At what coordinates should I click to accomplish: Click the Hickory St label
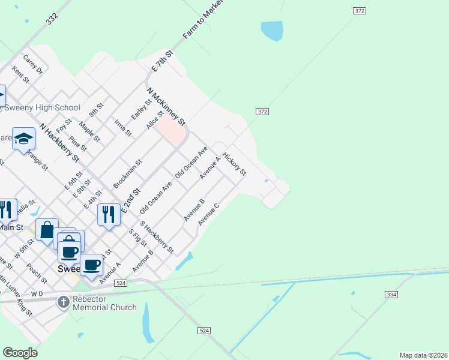click(x=234, y=164)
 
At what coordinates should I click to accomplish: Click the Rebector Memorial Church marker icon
click(x=64, y=302)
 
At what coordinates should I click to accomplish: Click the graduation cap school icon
click(x=23, y=139)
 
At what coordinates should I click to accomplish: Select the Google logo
click(x=20, y=353)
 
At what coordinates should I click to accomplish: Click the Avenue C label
click(x=209, y=214)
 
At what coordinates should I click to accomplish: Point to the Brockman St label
click(x=127, y=174)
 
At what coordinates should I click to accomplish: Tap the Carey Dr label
click(x=33, y=65)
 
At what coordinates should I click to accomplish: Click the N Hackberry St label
click(x=59, y=143)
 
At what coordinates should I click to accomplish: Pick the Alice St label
click(x=155, y=118)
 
